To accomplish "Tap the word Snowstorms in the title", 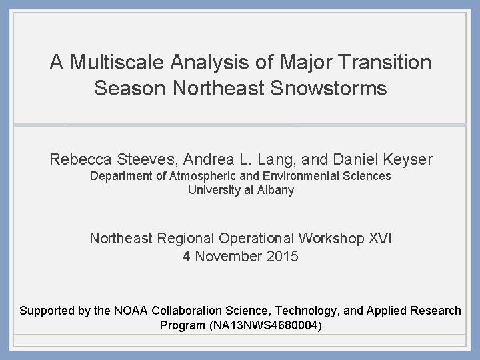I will (x=333, y=88).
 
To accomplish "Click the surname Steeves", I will (x=149, y=160).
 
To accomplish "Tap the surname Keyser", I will (x=405, y=160).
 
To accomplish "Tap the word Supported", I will (x=47, y=311).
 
